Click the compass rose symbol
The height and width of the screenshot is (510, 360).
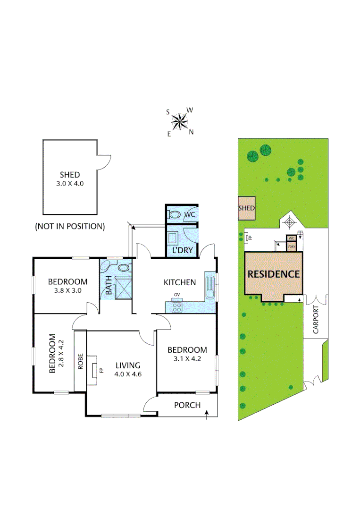(x=180, y=122)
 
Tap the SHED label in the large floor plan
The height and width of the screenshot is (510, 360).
(x=69, y=175)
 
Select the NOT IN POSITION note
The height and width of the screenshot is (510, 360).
(x=69, y=226)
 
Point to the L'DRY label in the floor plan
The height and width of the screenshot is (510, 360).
(x=182, y=250)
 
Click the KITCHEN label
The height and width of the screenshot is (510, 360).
(x=180, y=282)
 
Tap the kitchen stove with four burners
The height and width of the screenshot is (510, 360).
(x=177, y=307)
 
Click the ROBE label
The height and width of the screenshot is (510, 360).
(x=80, y=361)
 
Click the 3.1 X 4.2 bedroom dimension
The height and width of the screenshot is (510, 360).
(x=187, y=358)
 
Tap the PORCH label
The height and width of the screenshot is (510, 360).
(x=187, y=405)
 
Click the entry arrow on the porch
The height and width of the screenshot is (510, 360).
(x=207, y=414)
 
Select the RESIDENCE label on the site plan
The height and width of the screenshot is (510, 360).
(x=274, y=274)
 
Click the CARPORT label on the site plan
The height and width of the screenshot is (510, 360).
(x=316, y=320)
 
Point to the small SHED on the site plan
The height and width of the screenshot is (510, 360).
(x=246, y=208)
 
